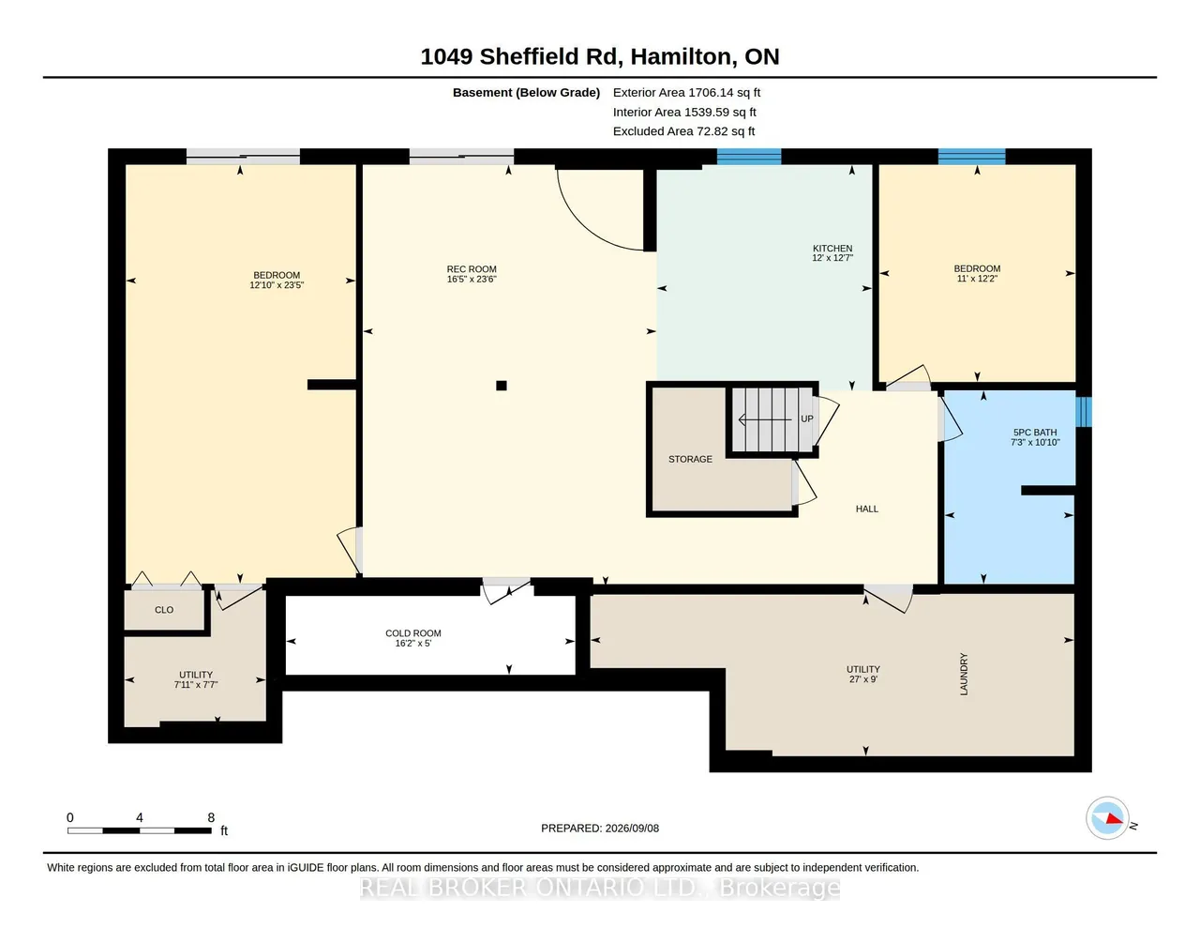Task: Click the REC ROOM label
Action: (471, 269)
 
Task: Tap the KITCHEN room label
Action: (832, 248)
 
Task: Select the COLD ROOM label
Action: (413, 632)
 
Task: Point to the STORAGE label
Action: (690, 459)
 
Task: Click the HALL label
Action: (866, 509)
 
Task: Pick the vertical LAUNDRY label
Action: (964, 674)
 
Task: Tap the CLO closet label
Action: (164, 610)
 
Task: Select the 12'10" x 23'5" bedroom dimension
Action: (277, 285)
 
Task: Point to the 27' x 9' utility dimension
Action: (863, 679)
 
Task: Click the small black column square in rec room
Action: (501, 386)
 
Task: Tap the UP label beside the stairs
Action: (807, 418)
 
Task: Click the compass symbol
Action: (1106, 818)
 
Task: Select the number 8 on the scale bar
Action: (211, 817)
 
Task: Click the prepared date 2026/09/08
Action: (632, 828)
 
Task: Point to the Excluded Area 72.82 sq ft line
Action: (683, 131)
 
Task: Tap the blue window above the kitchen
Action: (749, 157)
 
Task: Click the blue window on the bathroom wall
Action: (1084, 412)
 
